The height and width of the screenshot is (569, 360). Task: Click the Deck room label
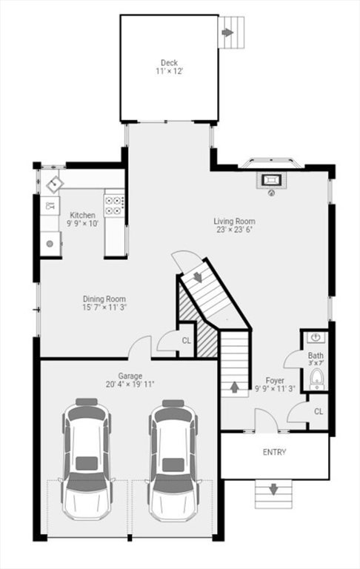point(169,63)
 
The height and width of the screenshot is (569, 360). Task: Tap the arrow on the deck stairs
point(227,33)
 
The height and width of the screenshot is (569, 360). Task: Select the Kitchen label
point(83,215)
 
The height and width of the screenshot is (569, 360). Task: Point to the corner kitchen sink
point(54,184)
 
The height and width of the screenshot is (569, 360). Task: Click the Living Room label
point(234,221)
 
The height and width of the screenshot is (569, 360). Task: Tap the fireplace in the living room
point(271,180)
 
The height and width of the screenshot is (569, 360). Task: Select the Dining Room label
point(104,299)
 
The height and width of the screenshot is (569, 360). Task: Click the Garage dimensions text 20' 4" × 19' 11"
point(130,385)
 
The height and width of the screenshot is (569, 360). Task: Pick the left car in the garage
point(87,459)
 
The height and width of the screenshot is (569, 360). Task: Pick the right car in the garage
point(173,460)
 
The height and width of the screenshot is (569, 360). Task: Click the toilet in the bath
point(317,378)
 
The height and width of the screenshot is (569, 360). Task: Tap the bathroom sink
point(316,337)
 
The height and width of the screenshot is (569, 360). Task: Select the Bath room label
point(316,356)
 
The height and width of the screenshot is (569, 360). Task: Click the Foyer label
point(275,380)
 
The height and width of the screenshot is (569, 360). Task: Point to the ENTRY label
point(274,452)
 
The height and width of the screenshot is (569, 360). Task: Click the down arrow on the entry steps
point(273,489)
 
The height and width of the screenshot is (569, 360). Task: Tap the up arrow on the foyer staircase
point(235,387)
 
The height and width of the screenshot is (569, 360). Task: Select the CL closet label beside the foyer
point(319,411)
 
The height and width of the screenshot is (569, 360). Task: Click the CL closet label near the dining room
point(186,341)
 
